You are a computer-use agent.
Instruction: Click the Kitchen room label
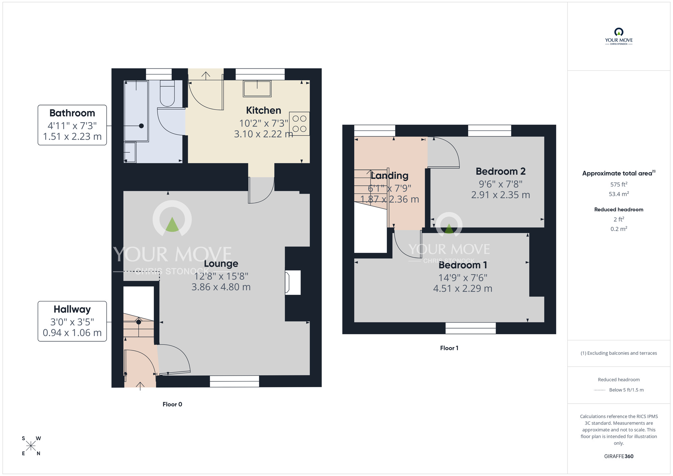[x=263, y=110]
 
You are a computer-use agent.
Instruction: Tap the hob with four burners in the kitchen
[x=299, y=124]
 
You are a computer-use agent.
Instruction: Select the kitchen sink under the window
[x=257, y=89]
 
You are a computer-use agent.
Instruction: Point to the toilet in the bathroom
[x=167, y=93]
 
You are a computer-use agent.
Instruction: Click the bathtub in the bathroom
[x=136, y=111]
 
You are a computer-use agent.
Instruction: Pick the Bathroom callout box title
[x=72, y=113]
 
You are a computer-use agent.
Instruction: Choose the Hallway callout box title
[x=72, y=309]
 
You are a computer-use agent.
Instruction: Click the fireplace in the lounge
[x=293, y=282]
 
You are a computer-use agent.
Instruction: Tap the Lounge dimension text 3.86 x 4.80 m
[x=221, y=287]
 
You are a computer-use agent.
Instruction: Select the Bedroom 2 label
[x=501, y=171]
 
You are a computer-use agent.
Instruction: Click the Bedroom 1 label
[x=463, y=265]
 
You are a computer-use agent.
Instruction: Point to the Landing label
[x=390, y=176]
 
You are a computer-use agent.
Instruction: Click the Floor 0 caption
[x=172, y=404]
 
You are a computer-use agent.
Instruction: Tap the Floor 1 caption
[x=449, y=348]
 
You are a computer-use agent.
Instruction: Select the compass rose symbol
[x=31, y=446]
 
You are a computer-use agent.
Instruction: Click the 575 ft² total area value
[x=619, y=184]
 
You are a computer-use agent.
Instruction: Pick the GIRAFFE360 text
[x=619, y=456]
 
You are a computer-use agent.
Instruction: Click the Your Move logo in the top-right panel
[x=619, y=36]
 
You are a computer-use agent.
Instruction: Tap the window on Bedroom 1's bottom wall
[x=470, y=328]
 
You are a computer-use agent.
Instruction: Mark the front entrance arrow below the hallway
[x=140, y=386]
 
